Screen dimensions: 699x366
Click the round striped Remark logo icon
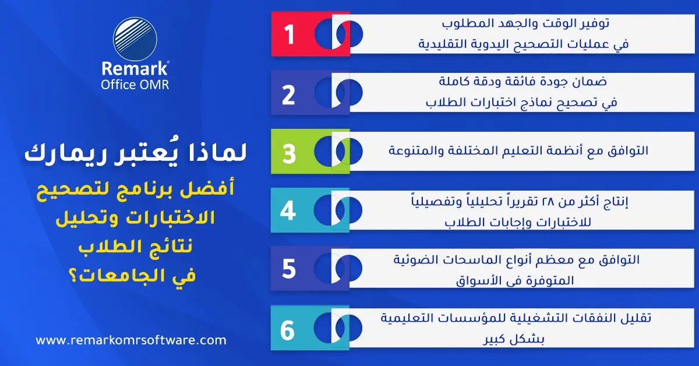pos(135,39)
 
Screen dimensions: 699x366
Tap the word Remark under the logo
pos(135,68)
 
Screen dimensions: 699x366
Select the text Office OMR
pos(135,85)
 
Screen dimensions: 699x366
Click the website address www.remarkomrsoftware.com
pos(131,340)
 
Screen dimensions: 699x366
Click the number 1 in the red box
pos(290,34)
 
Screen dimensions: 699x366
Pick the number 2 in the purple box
pos(288,95)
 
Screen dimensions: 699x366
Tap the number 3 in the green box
pos(289,153)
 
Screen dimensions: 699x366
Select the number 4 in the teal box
pos(288,211)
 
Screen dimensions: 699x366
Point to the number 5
pos(289,269)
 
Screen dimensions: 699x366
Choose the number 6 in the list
pos(287,330)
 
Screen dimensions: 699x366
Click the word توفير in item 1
pos(592,23)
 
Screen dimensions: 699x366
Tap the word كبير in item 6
pos(496,339)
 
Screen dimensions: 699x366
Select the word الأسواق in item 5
pos(478,280)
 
